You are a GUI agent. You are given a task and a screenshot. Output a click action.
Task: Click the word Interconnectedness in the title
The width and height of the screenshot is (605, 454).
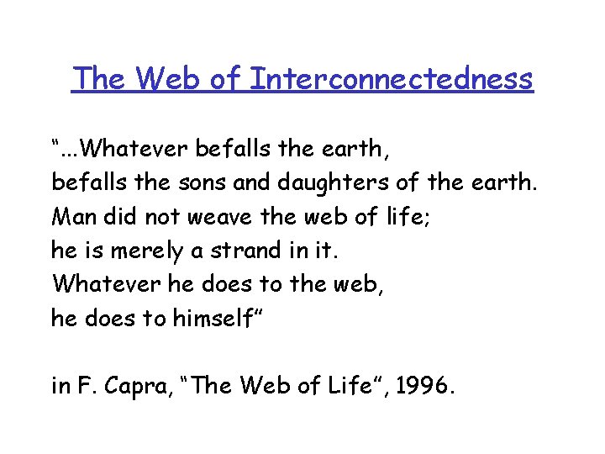392,78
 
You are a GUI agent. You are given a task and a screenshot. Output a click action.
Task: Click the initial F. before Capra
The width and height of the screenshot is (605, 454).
85,387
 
